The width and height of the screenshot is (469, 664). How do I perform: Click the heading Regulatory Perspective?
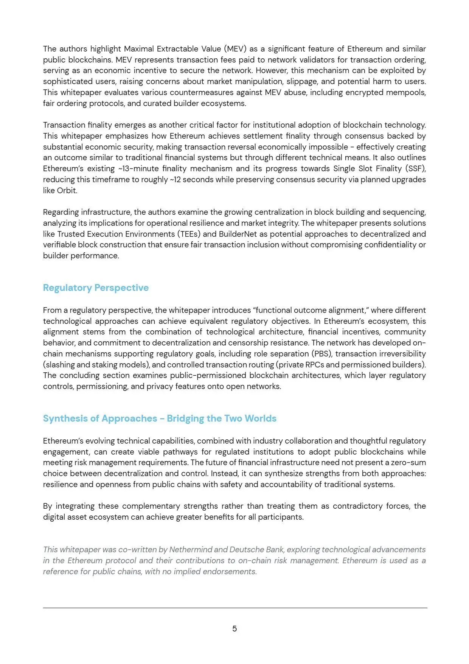[96, 288]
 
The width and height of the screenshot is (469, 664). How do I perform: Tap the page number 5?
[234, 629]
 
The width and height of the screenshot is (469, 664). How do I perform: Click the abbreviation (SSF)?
[416, 169]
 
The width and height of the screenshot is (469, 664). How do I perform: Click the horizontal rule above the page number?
[234, 608]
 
